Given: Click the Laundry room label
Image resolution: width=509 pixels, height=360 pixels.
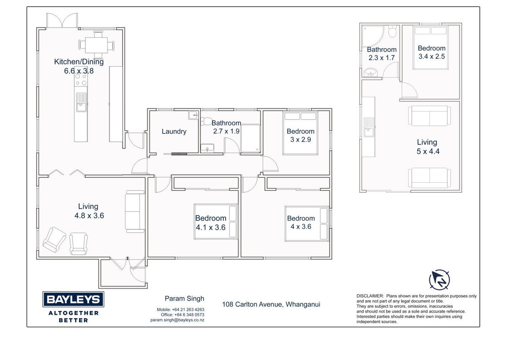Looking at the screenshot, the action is click(174, 131).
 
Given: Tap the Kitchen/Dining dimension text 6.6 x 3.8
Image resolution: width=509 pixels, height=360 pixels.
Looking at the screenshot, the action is click(79, 71).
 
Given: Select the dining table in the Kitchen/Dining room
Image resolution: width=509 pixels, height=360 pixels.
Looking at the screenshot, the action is click(96, 45).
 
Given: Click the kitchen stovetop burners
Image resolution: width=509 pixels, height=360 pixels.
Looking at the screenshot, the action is click(81, 80).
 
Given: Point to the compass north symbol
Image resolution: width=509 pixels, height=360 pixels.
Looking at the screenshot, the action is click(440, 280).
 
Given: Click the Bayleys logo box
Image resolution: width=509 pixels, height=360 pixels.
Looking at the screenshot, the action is click(73, 299).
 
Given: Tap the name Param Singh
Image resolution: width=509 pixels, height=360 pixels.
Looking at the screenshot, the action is click(184, 299).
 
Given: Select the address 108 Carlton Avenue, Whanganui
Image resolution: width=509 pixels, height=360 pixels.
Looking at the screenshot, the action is click(271, 305).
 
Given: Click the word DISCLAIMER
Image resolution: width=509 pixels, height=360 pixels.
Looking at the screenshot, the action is click(370, 296).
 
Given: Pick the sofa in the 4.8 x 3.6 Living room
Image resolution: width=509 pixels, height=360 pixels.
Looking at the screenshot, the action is click(135, 211).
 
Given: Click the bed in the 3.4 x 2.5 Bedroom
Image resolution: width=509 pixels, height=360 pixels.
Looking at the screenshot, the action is click(430, 47).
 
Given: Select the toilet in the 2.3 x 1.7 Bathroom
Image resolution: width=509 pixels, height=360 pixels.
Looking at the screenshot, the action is click(393, 31).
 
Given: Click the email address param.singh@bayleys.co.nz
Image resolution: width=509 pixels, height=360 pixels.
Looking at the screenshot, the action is click(177, 320).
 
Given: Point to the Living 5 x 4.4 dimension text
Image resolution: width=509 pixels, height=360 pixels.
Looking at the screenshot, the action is click(428, 151).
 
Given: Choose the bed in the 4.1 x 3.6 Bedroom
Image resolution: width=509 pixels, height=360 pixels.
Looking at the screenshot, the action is click(216, 221).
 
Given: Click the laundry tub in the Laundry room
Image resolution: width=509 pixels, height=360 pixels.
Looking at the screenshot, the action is click(193, 115).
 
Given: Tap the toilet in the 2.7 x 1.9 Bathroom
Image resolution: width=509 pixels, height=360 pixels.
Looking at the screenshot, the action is click(206, 121).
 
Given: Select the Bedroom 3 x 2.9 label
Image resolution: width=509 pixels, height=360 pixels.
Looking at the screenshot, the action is click(301, 135).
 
